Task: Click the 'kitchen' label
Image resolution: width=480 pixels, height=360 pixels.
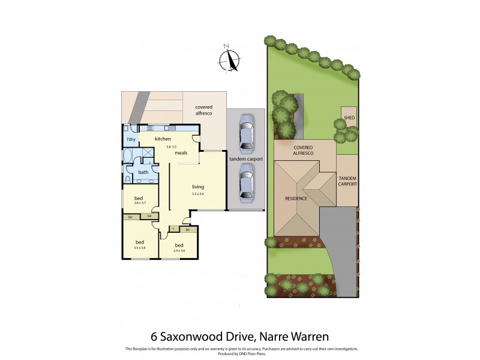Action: pyautogui.click(x=163, y=139)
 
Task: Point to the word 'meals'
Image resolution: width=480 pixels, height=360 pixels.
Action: pyautogui.click(x=182, y=153)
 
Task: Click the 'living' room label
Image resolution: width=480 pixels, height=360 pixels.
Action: pyautogui.click(x=198, y=187)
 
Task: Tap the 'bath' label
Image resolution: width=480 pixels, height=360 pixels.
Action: pyautogui.click(x=143, y=172)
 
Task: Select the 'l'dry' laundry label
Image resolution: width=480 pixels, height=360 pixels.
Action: pyautogui.click(x=131, y=139)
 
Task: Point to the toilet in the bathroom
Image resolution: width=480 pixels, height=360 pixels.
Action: pyautogui.click(x=128, y=179)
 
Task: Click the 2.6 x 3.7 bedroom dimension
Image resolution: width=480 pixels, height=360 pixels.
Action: pyautogui.click(x=139, y=204)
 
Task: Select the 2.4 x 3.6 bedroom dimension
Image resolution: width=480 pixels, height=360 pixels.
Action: pyautogui.click(x=179, y=250)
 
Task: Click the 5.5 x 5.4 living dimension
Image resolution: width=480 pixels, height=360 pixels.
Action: pyautogui.click(x=198, y=194)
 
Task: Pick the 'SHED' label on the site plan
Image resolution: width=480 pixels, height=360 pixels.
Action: pyautogui.click(x=349, y=118)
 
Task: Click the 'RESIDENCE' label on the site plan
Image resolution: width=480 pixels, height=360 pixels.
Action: pyautogui.click(x=296, y=199)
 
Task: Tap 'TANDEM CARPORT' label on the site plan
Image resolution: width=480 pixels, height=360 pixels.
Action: pyautogui.click(x=348, y=181)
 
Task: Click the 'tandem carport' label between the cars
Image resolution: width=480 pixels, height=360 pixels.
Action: pyautogui.click(x=245, y=159)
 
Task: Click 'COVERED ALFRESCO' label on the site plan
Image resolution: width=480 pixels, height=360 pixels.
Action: pyautogui.click(x=304, y=150)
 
